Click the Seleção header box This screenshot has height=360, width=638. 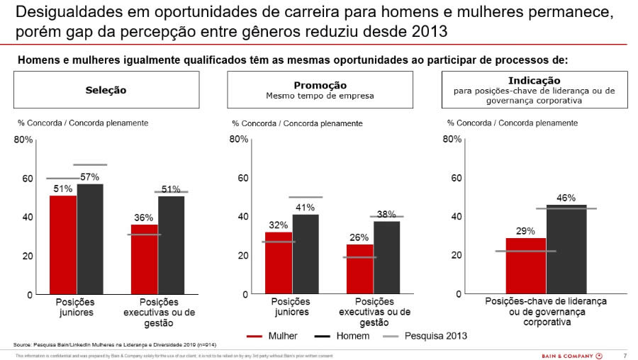coord(106,90)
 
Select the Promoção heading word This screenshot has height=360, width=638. coord(320,85)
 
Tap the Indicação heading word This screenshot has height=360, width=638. coord(534,81)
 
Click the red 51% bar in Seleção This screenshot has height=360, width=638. coord(63,244)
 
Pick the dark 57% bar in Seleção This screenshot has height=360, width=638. coord(90,239)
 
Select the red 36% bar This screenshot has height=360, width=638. coord(144,259)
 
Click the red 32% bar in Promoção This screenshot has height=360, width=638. coord(279,263)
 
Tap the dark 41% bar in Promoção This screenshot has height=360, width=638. coord(306,254)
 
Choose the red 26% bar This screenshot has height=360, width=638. coord(359,269)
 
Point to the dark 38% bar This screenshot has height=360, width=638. coord(386,257)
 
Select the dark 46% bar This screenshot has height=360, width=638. coord(566,249)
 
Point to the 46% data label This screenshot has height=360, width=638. coord(566,198)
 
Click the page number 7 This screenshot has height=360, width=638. coord(625,355)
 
